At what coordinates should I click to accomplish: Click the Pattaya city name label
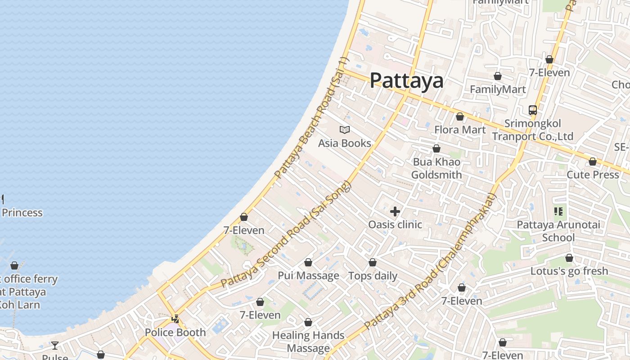tap(406, 81)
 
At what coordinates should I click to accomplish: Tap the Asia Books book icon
tap(345, 130)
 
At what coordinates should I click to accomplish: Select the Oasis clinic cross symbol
tap(395, 211)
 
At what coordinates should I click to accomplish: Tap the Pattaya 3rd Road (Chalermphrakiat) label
tap(430, 261)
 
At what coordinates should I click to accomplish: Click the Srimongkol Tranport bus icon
tap(533, 110)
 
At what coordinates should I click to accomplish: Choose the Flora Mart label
tap(460, 130)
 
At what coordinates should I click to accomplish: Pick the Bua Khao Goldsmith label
tap(436, 168)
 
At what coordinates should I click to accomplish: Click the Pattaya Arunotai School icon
tap(558, 211)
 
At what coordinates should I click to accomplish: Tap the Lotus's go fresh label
tap(569, 271)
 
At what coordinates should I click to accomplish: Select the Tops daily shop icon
tap(373, 262)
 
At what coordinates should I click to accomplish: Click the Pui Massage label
tap(308, 275)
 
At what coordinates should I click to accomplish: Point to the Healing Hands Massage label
tap(308, 342)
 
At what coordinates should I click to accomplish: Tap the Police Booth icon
tap(175, 319)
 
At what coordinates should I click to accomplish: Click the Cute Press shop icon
tap(593, 162)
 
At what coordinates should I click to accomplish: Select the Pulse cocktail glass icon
tap(55, 346)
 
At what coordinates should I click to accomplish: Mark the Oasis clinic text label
tap(395, 224)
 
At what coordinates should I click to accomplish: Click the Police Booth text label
tap(175, 333)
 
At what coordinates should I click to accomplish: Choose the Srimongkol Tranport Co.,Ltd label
tap(533, 130)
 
